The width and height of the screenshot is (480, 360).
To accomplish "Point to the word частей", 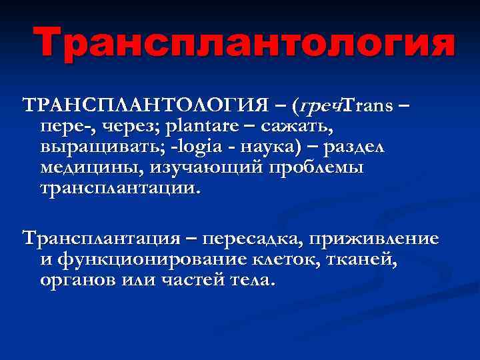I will coord(194,279).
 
